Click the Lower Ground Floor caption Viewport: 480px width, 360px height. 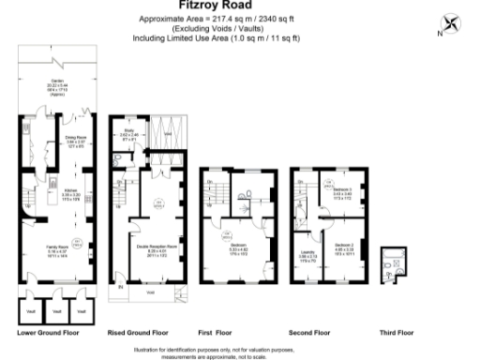click(48, 332)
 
